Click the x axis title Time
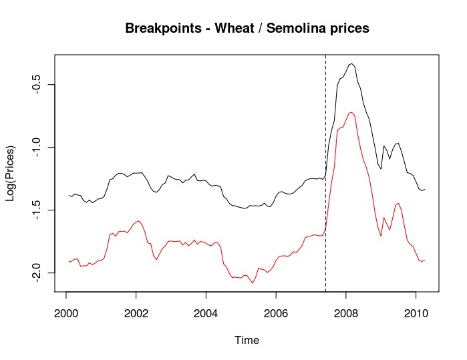247,340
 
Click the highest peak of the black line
351,63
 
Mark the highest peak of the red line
351,112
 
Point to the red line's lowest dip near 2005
253,283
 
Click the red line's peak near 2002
138,220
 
